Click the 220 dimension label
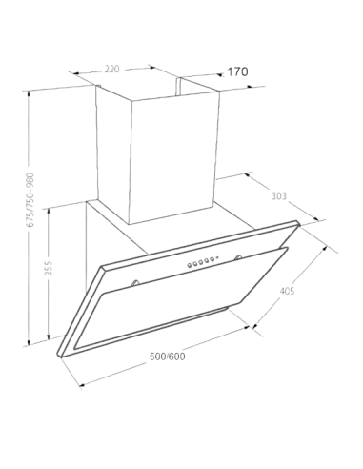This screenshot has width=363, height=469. [x=112, y=69]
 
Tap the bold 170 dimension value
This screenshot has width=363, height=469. [x=237, y=71]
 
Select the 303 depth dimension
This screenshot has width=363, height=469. [x=279, y=196]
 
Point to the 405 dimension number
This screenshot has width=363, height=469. [x=287, y=291]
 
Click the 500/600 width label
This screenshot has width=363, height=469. [x=168, y=357]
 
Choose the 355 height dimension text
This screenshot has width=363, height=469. [x=48, y=268]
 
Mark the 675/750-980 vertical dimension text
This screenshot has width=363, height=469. [x=30, y=200]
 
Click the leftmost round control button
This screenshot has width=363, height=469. [x=189, y=264]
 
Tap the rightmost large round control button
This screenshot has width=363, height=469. [x=212, y=259]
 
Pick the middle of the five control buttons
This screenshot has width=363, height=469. [x=200, y=262]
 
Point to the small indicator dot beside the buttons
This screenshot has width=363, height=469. [x=217, y=258]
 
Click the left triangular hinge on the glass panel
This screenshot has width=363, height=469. [x=135, y=282]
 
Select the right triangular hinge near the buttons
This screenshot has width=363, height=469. [x=237, y=257]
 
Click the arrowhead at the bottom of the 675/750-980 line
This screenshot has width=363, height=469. [x=30, y=342]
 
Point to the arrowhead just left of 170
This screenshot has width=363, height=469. [x=219, y=75]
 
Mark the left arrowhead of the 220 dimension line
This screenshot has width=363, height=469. [x=75, y=74]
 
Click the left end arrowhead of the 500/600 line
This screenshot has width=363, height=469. [x=82, y=385]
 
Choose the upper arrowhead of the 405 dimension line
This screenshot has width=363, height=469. [x=324, y=248]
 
